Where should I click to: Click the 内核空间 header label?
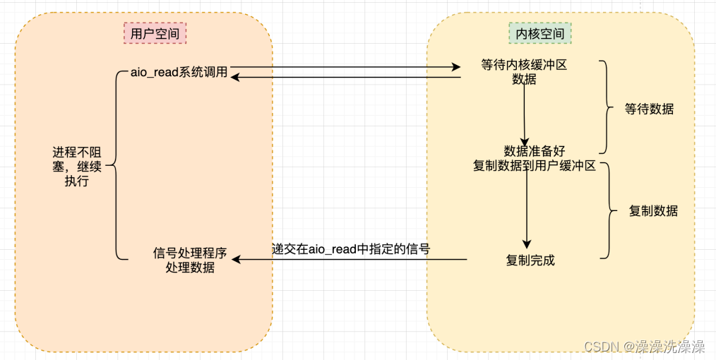point(540,33)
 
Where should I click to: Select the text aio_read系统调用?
point(179,72)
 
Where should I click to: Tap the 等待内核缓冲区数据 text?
point(524,72)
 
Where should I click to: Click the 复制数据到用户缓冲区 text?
point(535,166)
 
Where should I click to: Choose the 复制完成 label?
point(530,260)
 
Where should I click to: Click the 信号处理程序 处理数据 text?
point(190,260)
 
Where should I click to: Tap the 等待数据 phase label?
point(649,109)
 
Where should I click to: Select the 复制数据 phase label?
point(653,210)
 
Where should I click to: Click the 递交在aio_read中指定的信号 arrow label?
point(351,248)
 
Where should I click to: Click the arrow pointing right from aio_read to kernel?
point(346,68)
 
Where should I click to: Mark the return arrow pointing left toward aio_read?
point(346,77)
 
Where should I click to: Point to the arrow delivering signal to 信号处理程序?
point(350,260)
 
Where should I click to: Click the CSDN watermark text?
point(644,347)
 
